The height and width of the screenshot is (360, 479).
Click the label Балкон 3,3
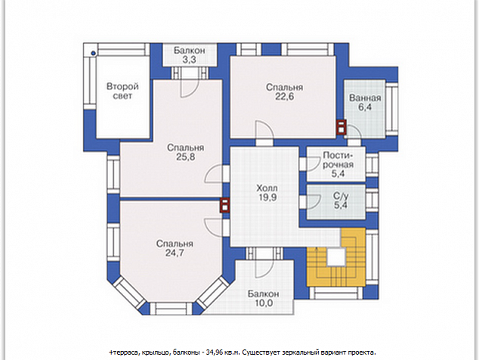(x=190, y=54)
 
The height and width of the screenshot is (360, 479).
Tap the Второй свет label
(x=122, y=91)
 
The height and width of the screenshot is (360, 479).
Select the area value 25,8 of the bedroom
(x=185, y=157)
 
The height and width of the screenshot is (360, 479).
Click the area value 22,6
(x=284, y=96)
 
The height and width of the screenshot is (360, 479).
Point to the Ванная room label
(x=365, y=98)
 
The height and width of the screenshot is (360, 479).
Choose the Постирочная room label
(x=338, y=160)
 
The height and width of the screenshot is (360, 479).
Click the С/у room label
(x=341, y=196)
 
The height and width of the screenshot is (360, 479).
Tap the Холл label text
(x=267, y=188)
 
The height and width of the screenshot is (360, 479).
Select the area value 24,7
(x=175, y=253)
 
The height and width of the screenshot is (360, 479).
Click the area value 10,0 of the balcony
(x=264, y=303)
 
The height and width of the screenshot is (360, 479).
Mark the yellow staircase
(x=336, y=257)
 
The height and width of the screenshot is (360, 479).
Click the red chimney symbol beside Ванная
(x=341, y=127)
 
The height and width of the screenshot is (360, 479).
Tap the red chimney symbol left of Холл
(x=225, y=205)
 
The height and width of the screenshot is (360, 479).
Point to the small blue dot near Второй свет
(x=93, y=54)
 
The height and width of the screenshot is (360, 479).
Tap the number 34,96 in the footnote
(x=215, y=352)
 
